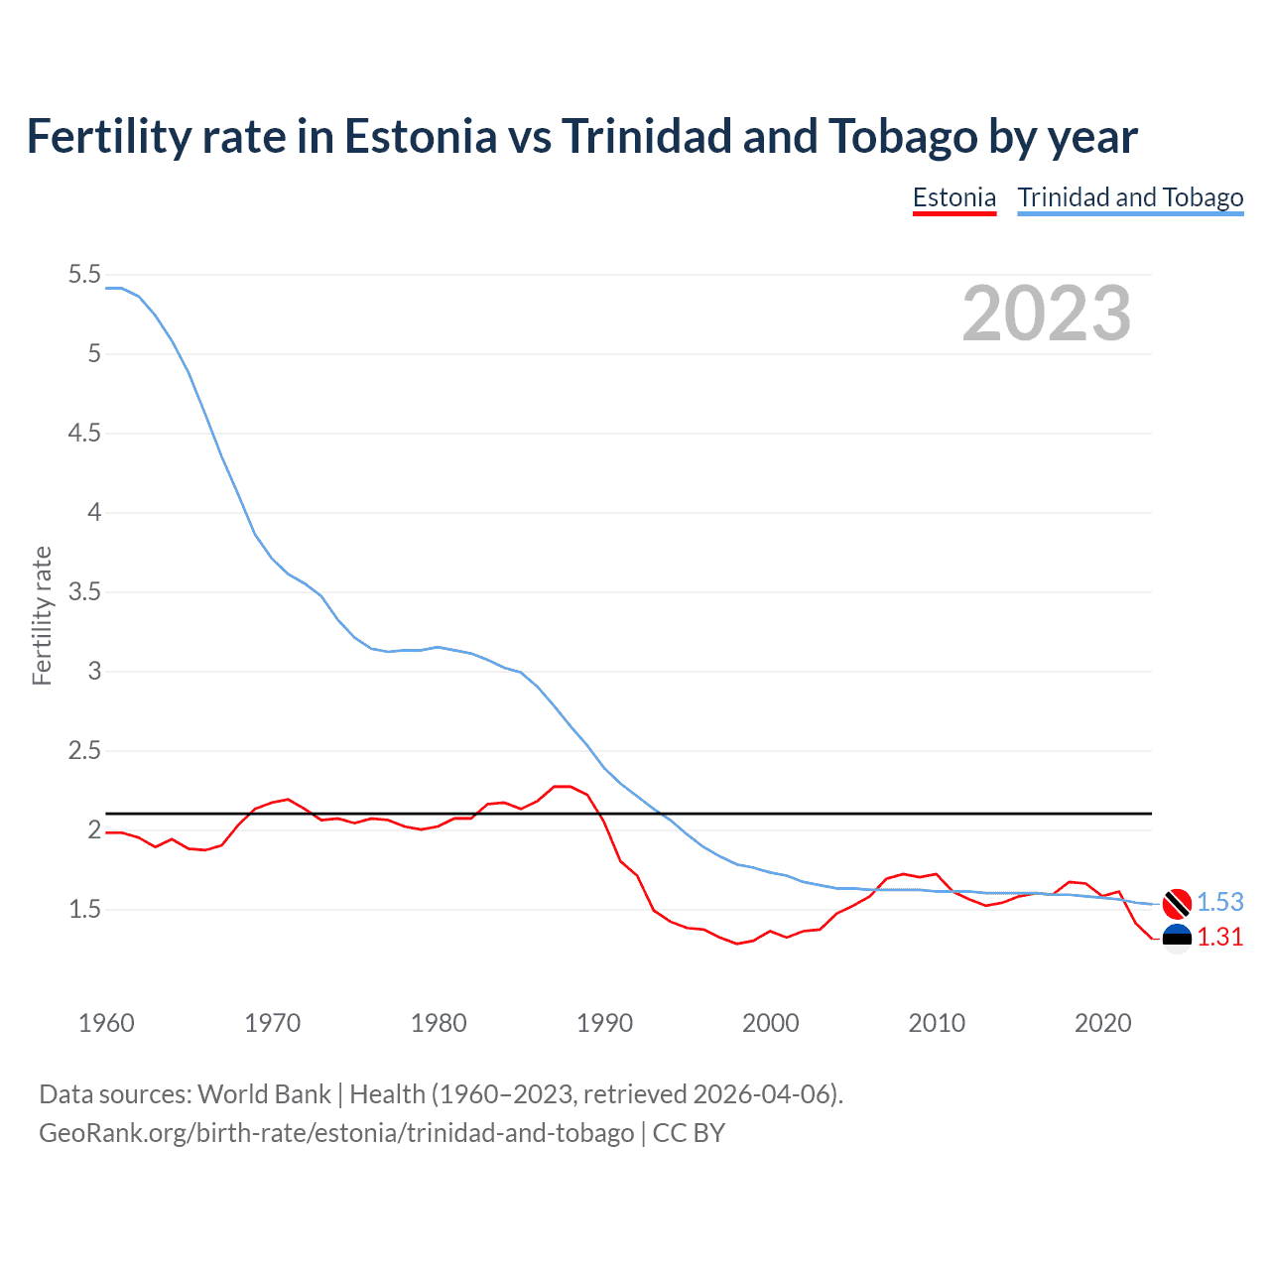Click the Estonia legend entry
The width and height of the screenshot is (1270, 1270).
click(x=953, y=197)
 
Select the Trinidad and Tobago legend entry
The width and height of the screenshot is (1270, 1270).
click(x=1130, y=197)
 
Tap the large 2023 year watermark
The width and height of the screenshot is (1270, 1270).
click(x=1047, y=314)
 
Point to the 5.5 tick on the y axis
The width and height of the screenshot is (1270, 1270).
click(x=84, y=275)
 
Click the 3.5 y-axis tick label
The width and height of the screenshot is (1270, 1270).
click(x=84, y=592)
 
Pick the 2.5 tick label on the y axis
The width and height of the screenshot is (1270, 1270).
click(x=84, y=751)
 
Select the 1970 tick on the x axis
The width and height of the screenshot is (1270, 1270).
click(x=272, y=1023)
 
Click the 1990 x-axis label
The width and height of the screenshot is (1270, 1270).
click(x=604, y=1023)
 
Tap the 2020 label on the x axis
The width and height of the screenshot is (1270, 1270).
click(x=1102, y=1023)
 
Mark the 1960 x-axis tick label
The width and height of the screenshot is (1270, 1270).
click(x=106, y=1023)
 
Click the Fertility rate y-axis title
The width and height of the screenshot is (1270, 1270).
click(x=42, y=615)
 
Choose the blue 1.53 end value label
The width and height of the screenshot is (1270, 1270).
click(x=1219, y=902)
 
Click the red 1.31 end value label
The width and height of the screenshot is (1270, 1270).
click(x=1219, y=937)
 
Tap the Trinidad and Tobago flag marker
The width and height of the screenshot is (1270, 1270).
click(x=1177, y=903)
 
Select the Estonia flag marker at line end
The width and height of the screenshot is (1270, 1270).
click(x=1177, y=938)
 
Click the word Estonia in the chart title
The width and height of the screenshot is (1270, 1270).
click(x=420, y=136)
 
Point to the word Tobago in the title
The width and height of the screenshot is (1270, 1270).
click(x=903, y=136)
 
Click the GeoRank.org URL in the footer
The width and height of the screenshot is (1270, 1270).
click(x=336, y=1132)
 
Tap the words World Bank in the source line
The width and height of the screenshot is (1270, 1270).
click(x=264, y=1093)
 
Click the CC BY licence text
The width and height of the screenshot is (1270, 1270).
click(x=689, y=1132)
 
